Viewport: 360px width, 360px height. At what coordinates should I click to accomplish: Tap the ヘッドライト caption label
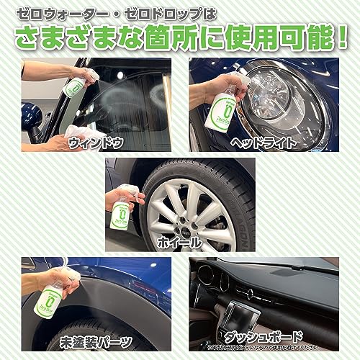pyautogui.click(x=264, y=143)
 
